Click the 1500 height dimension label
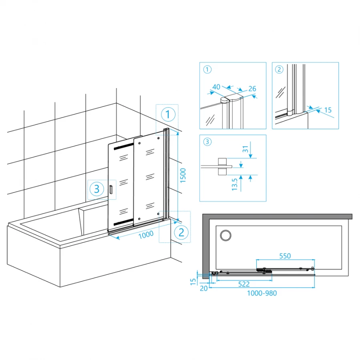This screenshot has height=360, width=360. [183, 176]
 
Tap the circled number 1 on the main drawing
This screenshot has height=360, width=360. [168, 114]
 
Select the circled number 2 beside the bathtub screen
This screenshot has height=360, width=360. [181, 232]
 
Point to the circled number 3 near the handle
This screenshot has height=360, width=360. [97, 189]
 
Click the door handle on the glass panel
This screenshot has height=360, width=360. [111, 190]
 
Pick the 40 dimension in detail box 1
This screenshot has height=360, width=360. [216, 87]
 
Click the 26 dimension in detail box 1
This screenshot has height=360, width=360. [252, 89]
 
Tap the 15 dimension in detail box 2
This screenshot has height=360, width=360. [328, 110]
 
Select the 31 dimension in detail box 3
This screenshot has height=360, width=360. [246, 149]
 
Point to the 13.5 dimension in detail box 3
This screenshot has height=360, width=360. [234, 184]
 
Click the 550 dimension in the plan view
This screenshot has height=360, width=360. [285, 256]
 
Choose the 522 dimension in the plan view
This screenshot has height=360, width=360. [244, 284]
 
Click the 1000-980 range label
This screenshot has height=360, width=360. [262, 293]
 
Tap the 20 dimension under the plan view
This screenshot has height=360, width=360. [204, 288]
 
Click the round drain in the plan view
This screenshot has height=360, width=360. [226, 235]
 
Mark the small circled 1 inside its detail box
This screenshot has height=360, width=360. [207, 69]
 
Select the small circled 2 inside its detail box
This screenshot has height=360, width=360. [279, 69]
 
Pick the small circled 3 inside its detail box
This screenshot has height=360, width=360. [207, 142]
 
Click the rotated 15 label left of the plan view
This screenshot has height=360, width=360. [193, 282]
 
